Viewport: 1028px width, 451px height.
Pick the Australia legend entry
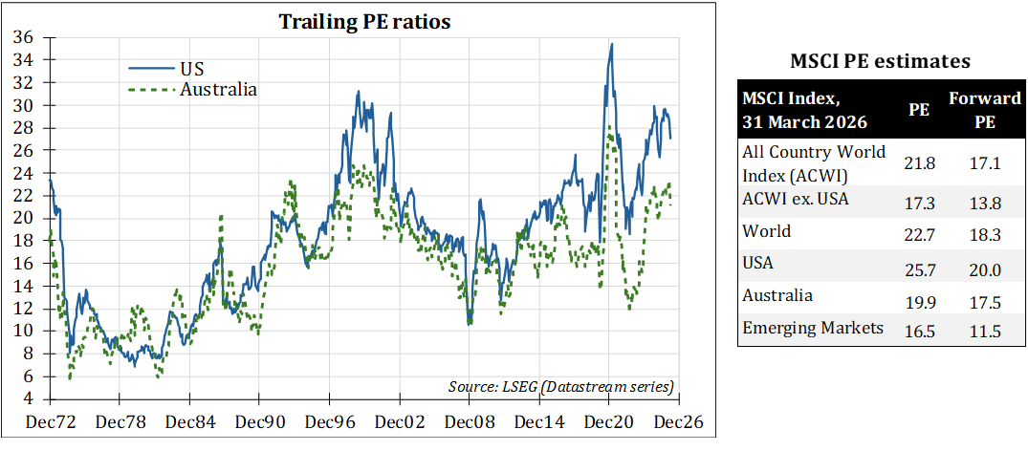coord(218,90)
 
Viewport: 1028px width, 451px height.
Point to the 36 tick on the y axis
coord(24,37)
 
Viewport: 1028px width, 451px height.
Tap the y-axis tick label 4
coord(29,398)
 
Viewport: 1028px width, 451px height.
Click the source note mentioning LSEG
coord(561,386)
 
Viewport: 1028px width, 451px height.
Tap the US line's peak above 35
coord(611,44)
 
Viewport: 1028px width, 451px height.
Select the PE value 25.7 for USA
coord(919,270)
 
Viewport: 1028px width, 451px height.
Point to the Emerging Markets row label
coord(812,328)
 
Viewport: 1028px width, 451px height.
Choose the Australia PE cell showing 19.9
coord(919,303)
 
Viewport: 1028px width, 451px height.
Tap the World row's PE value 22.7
coord(919,238)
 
